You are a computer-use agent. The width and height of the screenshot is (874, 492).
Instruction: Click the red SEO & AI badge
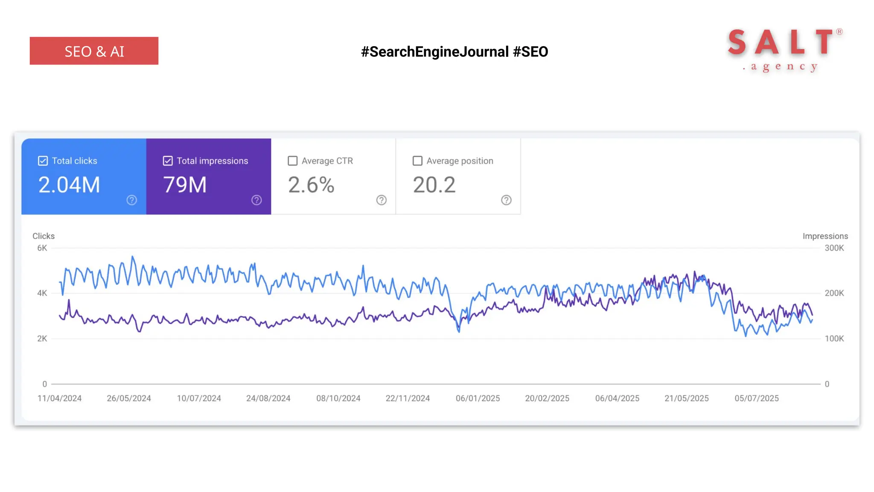coord(94,51)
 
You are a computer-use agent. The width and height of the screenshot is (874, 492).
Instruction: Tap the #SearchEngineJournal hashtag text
coord(435,52)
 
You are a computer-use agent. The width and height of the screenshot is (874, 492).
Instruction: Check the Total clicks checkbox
coord(43,161)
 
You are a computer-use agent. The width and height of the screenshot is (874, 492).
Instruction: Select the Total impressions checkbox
coord(168,161)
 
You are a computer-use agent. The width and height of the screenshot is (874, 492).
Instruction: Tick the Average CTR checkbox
coord(292,161)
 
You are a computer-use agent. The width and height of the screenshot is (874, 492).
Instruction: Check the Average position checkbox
coord(417,161)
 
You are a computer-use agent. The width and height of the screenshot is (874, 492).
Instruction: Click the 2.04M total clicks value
coord(69,185)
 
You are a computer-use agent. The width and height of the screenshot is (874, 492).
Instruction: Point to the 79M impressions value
coord(185,185)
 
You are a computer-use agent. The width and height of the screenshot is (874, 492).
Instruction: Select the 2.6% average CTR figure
coord(311,185)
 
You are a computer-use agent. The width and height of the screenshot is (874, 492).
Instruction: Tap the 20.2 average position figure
coord(434,185)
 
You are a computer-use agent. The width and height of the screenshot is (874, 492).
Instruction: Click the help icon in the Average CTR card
coord(381,200)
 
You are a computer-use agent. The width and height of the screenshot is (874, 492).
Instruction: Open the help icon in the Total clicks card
coord(131,200)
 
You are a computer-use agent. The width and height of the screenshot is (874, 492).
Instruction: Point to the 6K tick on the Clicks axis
coord(42,248)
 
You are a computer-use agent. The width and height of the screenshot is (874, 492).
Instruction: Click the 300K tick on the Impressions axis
coord(834,248)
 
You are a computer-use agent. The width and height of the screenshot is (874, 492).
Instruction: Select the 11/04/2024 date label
coord(59,398)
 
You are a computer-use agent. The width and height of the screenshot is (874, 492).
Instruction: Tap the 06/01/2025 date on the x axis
coord(478,398)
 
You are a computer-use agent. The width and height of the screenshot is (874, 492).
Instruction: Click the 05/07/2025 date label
coord(756,398)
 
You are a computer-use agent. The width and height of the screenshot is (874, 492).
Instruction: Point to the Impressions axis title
coord(825,236)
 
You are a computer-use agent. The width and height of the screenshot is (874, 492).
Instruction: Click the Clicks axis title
coord(44,236)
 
